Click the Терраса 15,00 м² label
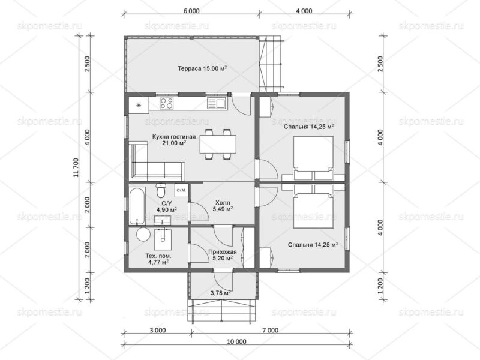pos(202,68)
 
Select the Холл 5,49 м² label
pos(223,206)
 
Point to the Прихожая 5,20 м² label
pos(223,255)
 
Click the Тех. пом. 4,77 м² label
pos(158,259)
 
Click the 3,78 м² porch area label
pos(221,293)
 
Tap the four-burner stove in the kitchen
pos(167,103)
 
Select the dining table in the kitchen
pos(218,144)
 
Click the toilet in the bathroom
pos(160,190)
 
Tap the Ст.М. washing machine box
pos(181,190)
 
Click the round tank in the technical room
pos(143,235)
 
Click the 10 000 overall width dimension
pos(237,341)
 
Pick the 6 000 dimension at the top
pos(191,11)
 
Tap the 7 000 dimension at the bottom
pos(271,331)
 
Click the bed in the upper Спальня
pos(313,158)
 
